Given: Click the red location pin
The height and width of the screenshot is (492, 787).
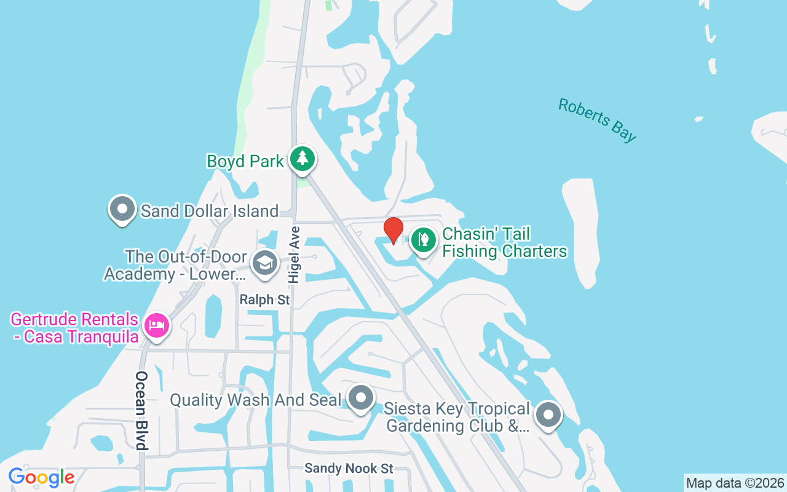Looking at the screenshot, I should pos(393,231).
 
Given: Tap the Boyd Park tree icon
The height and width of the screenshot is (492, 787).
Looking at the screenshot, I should pos(302,158).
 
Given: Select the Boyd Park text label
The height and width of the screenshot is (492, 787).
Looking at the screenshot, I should pos(245,162).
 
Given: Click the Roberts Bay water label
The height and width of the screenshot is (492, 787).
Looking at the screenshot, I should pos(596,120).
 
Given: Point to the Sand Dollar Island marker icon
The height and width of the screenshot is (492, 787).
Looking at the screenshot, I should pos(122,208).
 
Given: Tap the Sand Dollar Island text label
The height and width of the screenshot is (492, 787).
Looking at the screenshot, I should pos(210,211).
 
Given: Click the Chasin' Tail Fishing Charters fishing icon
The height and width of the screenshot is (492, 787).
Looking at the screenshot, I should pos(423,239).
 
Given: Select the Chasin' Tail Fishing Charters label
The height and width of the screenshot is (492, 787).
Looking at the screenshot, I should pos(504,242).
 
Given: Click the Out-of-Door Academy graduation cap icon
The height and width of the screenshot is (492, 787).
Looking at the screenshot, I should pos(265,264).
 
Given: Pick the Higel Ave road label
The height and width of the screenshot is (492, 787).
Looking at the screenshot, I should pos(294,255).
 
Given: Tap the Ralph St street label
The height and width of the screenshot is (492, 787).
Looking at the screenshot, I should pos(264,300).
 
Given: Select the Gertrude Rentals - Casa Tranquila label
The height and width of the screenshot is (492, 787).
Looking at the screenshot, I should pos(74,328).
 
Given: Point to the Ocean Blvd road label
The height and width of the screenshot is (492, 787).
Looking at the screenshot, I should pos(142,410).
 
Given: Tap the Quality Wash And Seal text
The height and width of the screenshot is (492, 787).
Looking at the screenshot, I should pos(255,400).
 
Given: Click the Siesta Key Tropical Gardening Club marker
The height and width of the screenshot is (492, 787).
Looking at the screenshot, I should pos(547,415).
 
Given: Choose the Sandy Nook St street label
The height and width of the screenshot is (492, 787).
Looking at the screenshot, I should pos(349,469).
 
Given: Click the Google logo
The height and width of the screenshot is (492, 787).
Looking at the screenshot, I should pos(41,477).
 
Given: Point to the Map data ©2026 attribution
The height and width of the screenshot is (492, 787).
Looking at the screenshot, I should pos(735,483).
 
